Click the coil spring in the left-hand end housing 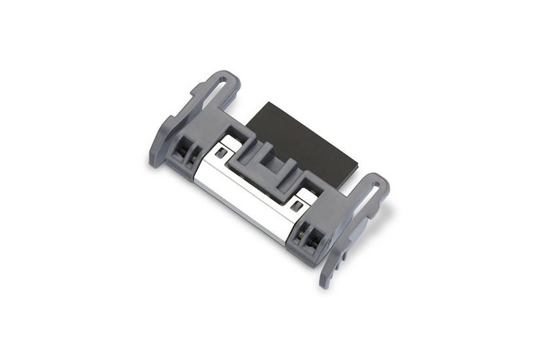[193, 157]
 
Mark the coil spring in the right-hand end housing [302, 230]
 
